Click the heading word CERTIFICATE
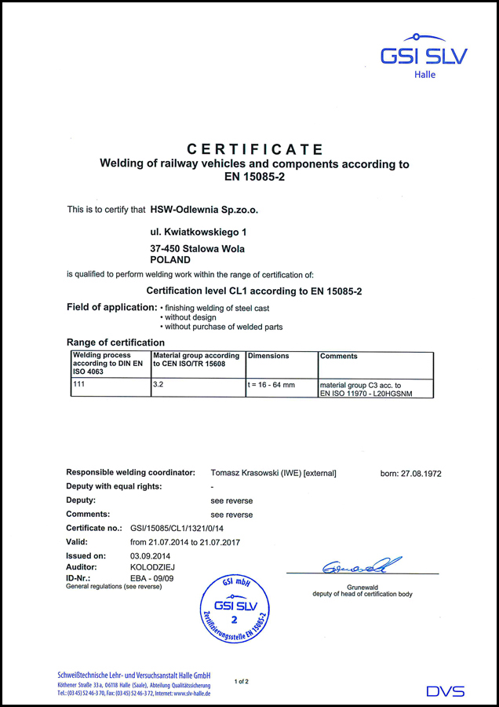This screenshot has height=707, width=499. (x=255, y=149)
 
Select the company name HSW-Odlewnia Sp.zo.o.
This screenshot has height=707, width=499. (x=203, y=210)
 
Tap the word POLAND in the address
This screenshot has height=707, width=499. (x=169, y=259)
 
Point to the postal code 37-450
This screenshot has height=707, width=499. (x=164, y=248)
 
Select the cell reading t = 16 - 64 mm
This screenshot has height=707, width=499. (x=271, y=386)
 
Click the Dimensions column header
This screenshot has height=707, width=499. (x=268, y=356)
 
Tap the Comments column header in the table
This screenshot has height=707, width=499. (x=339, y=356)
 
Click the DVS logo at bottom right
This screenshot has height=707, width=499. (x=445, y=691)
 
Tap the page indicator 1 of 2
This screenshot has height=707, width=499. (x=242, y=681)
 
